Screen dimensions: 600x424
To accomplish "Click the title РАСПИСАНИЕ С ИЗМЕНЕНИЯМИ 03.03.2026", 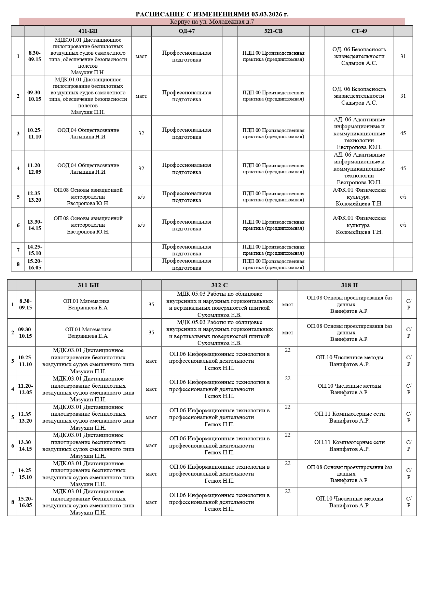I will point(212,14).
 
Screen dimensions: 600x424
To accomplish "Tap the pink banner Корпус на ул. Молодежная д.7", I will point(212,22).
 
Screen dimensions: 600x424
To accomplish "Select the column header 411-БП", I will point(88,31).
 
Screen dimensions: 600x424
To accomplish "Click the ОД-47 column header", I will point(187,31).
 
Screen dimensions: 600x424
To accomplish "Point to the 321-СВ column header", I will point(273,31).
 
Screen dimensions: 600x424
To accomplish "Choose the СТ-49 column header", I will point(359,31).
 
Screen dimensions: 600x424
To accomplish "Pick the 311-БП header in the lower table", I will point(88,285).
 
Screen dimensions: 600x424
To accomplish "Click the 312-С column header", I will point(219,285).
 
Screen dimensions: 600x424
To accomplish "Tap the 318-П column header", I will point(349,285).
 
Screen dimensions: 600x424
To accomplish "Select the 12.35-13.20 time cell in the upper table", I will point(35,197).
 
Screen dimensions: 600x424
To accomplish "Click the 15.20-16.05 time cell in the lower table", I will point(25,502).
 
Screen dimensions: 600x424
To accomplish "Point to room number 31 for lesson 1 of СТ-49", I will point(403,56).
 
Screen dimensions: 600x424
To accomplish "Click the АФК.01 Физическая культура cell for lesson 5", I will point(359,197).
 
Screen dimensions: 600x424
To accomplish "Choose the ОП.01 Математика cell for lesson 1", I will point(88,304).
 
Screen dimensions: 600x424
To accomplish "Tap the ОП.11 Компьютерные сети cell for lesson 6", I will point(349,445).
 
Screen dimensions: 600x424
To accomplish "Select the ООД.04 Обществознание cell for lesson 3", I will point(88,133).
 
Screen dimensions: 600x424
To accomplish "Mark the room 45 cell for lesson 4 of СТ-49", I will point(403,169).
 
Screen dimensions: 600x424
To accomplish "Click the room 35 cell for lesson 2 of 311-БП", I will point(151,333).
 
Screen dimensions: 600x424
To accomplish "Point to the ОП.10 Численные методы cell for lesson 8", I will point(349,502).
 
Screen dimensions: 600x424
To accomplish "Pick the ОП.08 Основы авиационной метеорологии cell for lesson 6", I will point(88,225).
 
